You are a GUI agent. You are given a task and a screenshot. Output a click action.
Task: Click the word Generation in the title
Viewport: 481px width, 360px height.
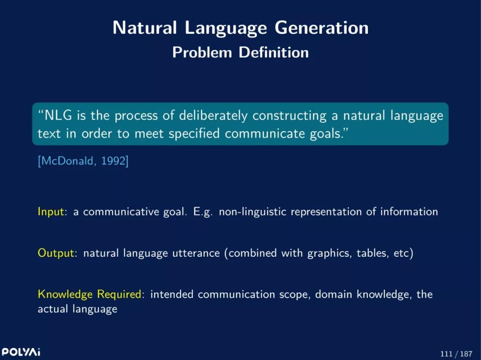tap(322, 28)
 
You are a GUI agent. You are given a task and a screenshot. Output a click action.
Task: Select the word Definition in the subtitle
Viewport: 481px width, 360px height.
tap(273, 53)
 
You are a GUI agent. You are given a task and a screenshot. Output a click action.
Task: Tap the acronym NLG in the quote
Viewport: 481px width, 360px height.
tap(58, 116)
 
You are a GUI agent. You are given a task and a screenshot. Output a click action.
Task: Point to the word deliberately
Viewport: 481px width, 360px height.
tap(213, 116)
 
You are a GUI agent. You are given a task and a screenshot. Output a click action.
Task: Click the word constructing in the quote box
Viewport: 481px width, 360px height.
tap(289, 116)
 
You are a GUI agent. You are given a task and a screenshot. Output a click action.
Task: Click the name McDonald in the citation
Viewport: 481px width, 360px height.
tap(66, 161)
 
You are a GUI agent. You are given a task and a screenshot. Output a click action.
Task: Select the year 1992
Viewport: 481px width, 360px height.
tap(113, 161)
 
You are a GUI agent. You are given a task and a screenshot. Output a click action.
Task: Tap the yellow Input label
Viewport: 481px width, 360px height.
tap(51, 212)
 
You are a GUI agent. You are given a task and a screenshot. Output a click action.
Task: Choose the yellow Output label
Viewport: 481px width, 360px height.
tap(56, 253)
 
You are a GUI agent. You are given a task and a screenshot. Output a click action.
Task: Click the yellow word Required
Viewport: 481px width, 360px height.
tap(119, 295)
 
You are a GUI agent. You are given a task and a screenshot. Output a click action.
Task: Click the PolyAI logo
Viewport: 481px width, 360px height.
tap(21, 352)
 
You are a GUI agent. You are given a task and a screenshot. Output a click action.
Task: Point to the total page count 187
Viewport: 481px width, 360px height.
tap(466, 354)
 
